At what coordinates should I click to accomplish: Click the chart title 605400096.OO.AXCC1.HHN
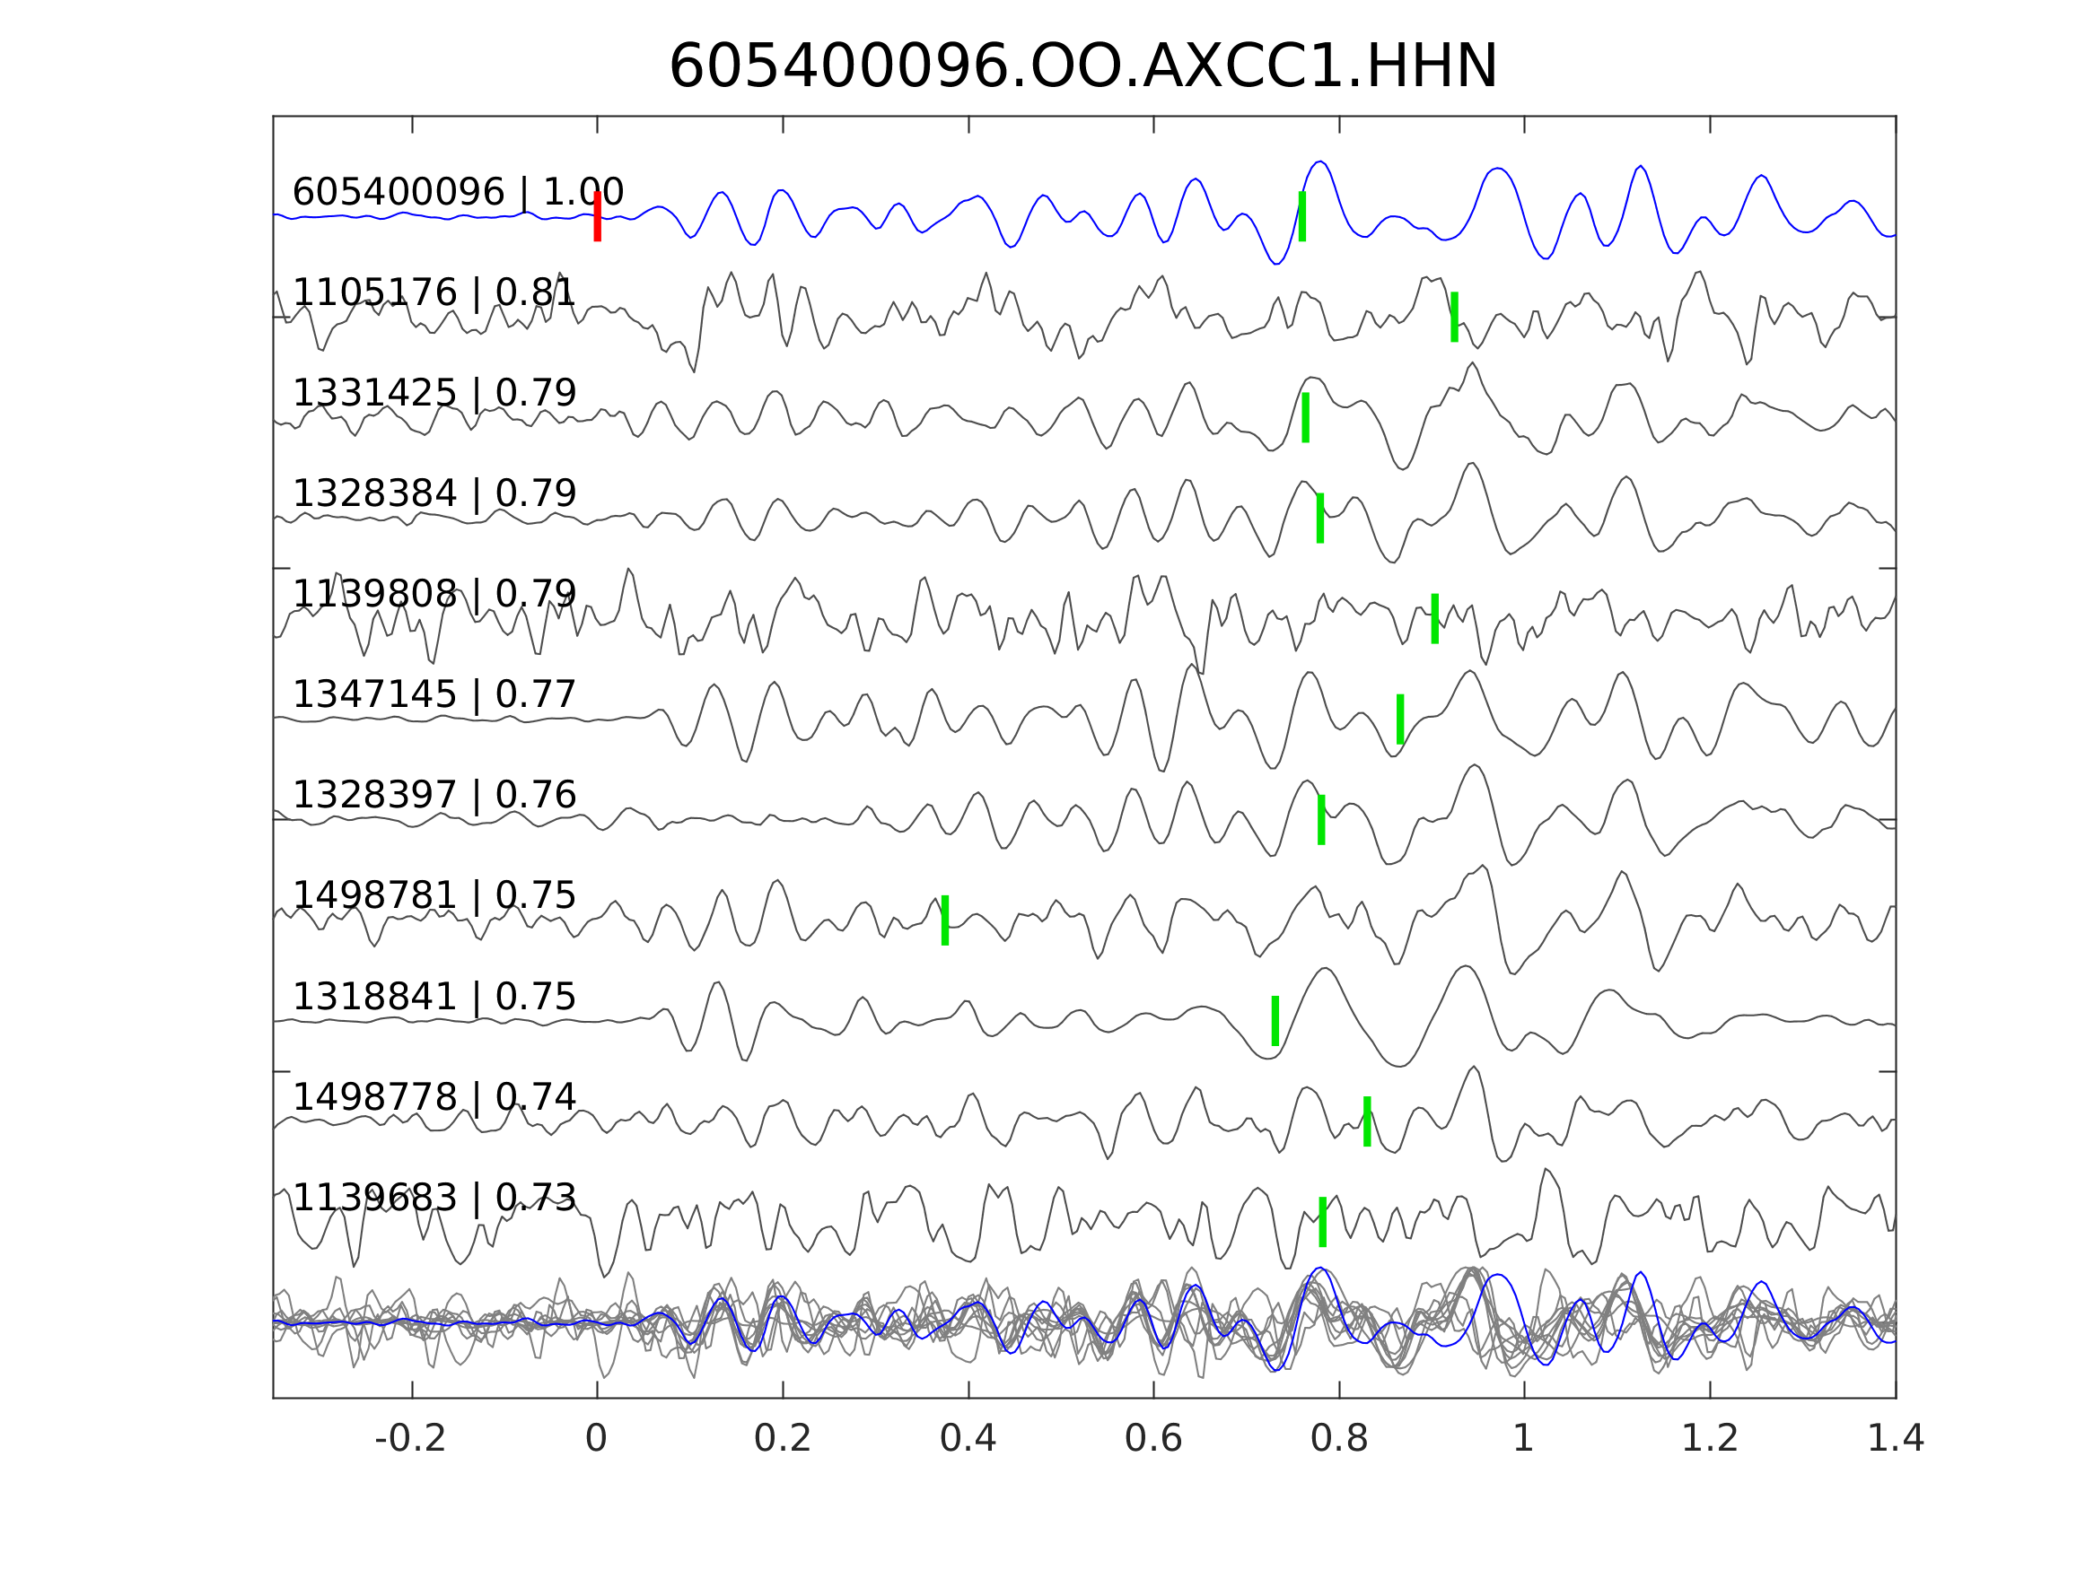coord(1083,67)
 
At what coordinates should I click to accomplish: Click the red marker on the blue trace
coord(598,217)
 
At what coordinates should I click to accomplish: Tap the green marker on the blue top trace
coord(1302,217)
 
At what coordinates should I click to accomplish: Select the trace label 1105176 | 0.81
coord(434,292)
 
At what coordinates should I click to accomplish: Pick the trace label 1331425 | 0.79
coord(434,393)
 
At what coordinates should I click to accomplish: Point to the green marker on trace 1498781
coord(945,920)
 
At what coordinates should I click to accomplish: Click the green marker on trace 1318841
coord(1275,1021)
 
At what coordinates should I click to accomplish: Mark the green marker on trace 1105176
coord(1454,317)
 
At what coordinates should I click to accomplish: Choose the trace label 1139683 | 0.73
coord(434,1198)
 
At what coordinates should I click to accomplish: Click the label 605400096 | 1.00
coord(458,192)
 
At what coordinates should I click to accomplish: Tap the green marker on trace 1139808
coord(1435,619)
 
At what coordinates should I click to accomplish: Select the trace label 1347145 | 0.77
coord(434,694)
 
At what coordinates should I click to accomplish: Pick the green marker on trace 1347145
coord(1400,720)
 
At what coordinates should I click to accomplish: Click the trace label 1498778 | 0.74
coord(434,1098)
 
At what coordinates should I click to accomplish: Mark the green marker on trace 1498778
coord(1367,1121)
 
